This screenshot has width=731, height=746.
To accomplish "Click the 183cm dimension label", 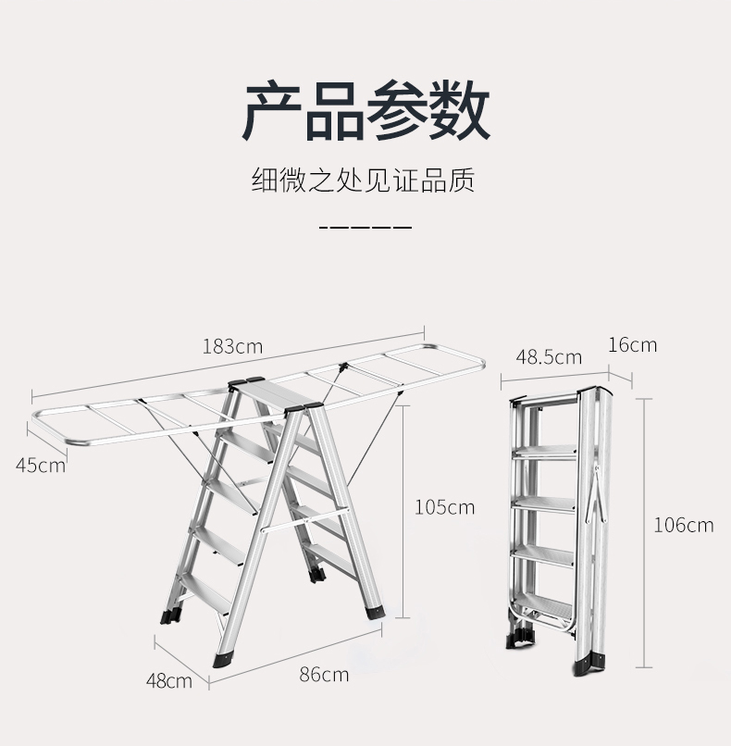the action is click(x=232, y=347).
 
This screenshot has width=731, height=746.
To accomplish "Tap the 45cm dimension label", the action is click(x=41, y=464).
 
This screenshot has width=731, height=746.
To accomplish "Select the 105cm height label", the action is click(x=444, y=506).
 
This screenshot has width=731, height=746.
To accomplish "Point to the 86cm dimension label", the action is click(x=324, y=674).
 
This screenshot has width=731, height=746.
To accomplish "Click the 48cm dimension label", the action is click(x=169, y=681).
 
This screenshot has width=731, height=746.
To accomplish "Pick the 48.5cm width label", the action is click(x=549, y=356).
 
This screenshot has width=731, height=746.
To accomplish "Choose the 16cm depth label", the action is click(x=633, y=344).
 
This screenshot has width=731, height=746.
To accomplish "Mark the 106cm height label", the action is click(x=684, y=525).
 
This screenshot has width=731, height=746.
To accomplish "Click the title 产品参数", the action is click(x=365, y=110).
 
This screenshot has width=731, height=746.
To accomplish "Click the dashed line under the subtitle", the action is click(x=365, y=227).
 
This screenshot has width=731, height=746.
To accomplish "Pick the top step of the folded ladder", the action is click(x=546, y=451).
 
